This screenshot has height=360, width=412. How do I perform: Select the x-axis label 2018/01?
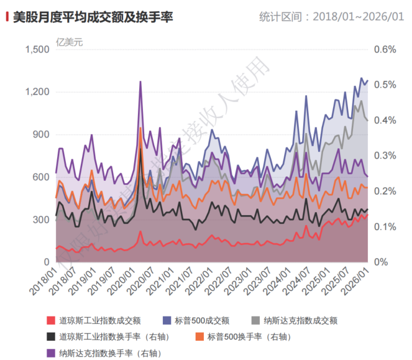click(x=44, y=281)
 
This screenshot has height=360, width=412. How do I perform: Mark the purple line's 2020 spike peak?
click(x=140, y=81)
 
